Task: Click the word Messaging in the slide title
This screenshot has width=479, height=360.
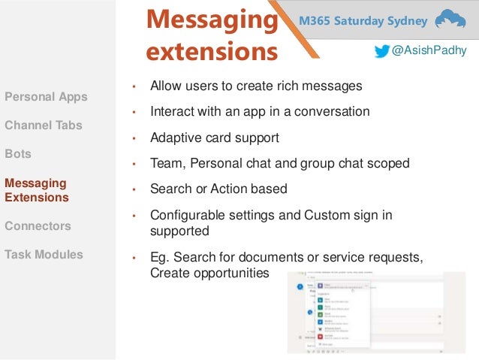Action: click(x=211, y=20)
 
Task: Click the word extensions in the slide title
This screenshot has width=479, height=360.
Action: click(x=211, y=53)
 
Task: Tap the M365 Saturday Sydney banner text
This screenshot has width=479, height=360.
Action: click(x=364, y=20)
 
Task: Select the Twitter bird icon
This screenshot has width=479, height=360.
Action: click(x=383, y=51)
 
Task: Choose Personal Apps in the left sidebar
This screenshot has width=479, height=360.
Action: click(x=46, y=97)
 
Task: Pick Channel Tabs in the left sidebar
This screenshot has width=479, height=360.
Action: click(x=44, y=126)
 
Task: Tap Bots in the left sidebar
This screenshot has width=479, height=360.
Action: click(x=18, y=153)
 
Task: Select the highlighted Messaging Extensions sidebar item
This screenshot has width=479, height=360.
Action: click(x=36, y=190)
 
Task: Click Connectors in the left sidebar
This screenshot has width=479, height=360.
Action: click(x=38, y=225)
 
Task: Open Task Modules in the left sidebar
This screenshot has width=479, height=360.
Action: click(x=44, y=254)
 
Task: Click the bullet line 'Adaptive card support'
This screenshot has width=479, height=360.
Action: click(x=214, y=138)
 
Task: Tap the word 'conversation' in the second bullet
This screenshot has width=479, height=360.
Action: click(x=331, y=111)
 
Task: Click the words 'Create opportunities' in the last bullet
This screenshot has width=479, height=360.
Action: click(x=209, y=272)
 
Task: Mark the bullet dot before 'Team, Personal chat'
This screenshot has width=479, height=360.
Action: click(x=134, y=164)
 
